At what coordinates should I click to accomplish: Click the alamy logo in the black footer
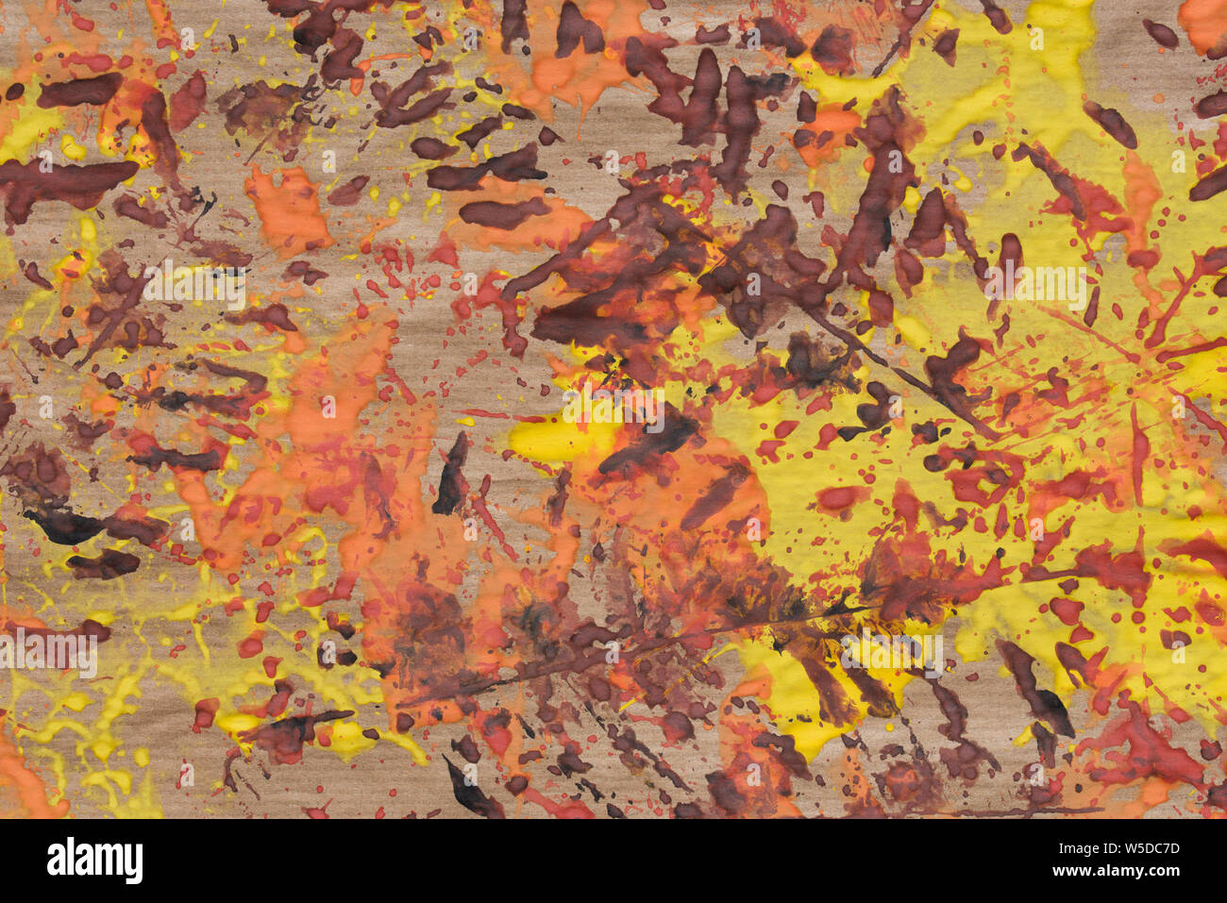pos(94,861)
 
